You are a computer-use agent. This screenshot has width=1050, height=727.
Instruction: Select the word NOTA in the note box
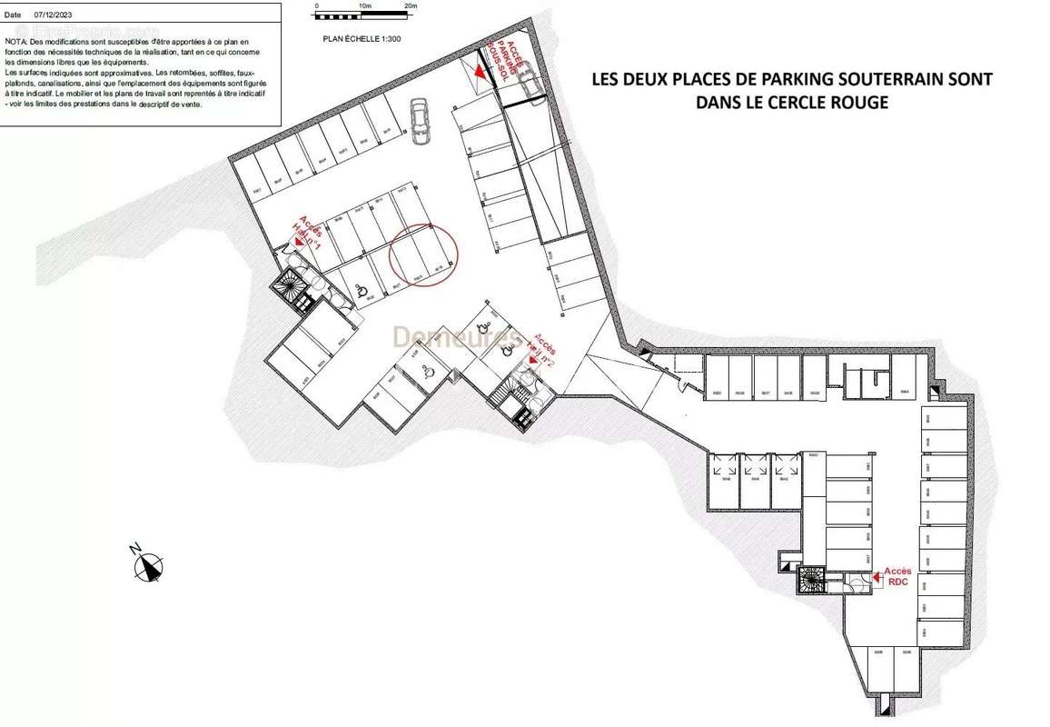click(17, 42)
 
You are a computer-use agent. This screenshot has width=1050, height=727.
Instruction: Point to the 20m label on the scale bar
click(411, 6)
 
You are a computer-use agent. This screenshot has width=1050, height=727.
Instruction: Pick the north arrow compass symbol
click(148, 566)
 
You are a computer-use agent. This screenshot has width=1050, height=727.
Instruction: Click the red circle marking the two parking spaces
click(423, 255)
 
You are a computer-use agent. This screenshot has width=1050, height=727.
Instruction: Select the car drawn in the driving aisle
click(419, 120)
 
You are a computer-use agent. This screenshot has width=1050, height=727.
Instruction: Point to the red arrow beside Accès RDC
click(877, 574)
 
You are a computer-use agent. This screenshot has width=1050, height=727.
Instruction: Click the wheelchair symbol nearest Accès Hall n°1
click(361, 291)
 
